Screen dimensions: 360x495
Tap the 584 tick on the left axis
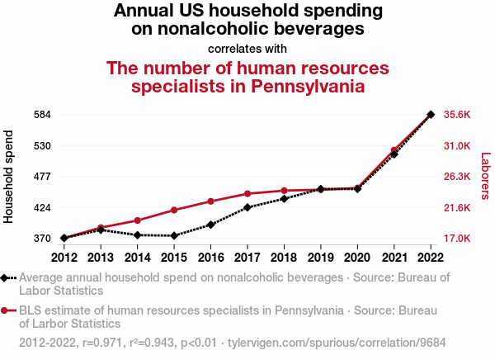click(x=42, y=114)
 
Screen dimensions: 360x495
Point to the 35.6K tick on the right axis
click(x=457, y=114)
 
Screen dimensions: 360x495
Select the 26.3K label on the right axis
click(x=457, y=176)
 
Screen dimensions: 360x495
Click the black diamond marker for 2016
click(x=210, y=225)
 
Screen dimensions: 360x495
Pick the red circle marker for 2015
click(x=174, y=210)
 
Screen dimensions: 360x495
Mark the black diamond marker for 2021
click(x=394, y=154)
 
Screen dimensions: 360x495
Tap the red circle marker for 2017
click(x=247, y=194)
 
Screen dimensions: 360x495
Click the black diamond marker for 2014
click(x=137, y=235)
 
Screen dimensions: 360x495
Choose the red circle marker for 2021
click(x=394, y=150)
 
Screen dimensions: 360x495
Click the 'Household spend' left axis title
click(x=9, y=176)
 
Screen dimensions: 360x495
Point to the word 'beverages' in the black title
click(x=305, y=29)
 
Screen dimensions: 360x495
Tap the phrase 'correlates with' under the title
click(x=247, y=48)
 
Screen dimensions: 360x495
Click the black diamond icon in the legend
click(x=7, y=277)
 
